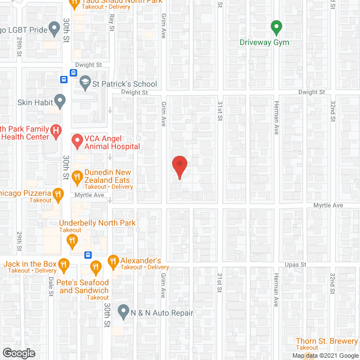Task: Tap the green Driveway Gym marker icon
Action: [x=276, y=26]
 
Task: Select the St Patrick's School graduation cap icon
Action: [x=85, y=83]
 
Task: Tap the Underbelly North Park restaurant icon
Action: [x=72, y=242]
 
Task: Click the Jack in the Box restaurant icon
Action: [x=64, y=264]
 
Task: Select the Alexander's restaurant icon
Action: [x=112, y=261]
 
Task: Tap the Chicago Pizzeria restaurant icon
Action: [x=57, y=195]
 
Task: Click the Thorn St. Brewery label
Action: [x=327, y=341]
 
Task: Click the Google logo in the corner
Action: [x=18, y=353]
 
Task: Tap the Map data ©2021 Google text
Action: [x=325, y=355]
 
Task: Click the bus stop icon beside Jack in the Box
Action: [x=88, y=254]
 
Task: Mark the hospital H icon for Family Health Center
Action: [x=56, y=132]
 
